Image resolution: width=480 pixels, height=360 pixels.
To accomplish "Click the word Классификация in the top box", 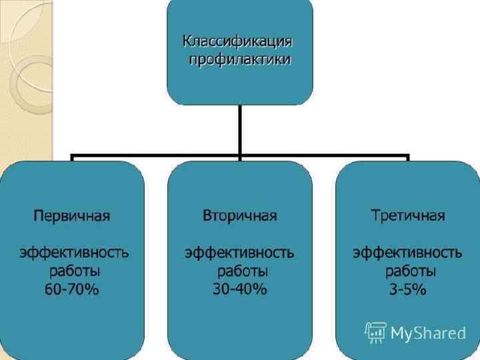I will (x=239, y=41).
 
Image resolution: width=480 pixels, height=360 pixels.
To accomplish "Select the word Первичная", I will (x=72, y=216).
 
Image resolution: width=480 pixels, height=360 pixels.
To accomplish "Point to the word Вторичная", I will (x=239, y=216).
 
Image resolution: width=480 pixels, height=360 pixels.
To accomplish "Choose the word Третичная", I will (x=407, y=216).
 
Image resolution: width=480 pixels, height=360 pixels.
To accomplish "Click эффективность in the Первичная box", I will (x=73, y=253).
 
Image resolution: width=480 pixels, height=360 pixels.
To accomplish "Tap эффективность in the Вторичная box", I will (x=239, y=253).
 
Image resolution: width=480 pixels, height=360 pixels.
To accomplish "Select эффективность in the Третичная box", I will (x=407, y=253).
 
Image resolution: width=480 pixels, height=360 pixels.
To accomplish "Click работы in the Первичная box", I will (x=75, y=271).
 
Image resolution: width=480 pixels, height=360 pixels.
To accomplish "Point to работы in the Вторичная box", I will (x=243, y=271).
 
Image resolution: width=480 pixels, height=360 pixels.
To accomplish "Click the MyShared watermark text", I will (x=427, y=333).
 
